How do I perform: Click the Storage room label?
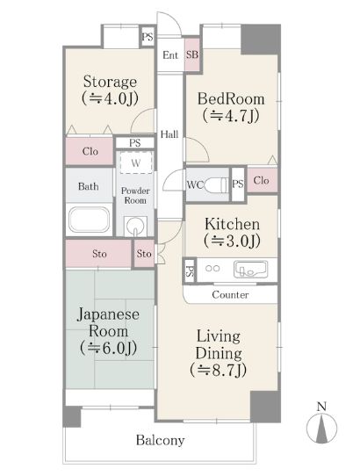coord(110,82)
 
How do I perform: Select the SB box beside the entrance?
coord(192,54)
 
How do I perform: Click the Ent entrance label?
coord(170,55)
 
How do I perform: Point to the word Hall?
coord(169,134)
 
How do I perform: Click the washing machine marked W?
coord(135,162)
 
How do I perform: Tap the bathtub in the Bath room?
coord(88,220)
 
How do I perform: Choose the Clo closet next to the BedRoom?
coord(261,181)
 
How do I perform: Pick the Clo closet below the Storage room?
coord(90,150)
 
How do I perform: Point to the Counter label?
coord(231,295)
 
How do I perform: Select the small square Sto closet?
coord(144,255)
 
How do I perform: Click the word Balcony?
coord(159,440)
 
